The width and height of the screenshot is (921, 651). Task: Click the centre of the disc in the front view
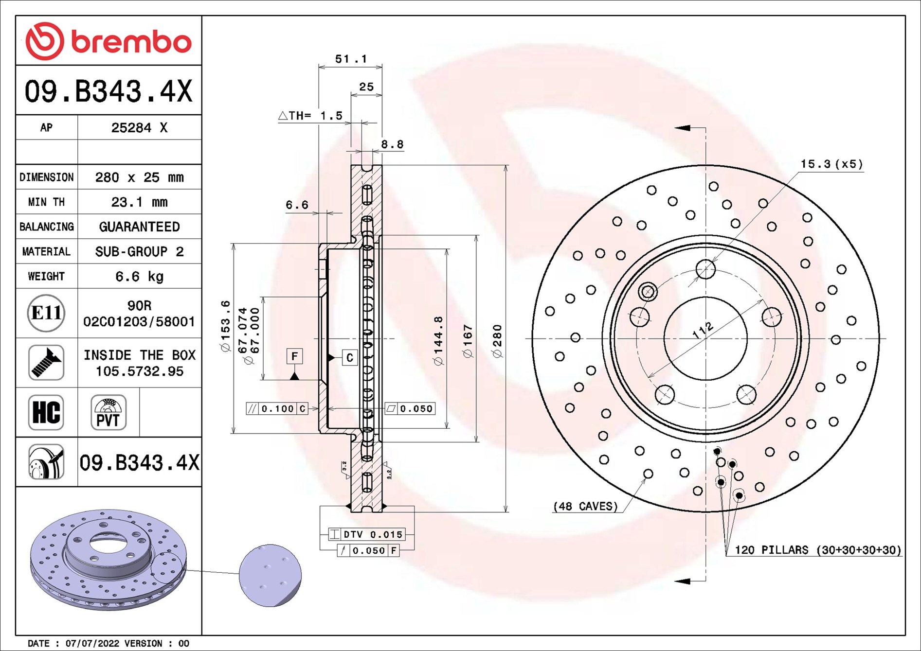705,338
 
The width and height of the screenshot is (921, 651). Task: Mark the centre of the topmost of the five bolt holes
705,269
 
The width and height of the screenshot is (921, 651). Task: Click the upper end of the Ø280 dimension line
506,166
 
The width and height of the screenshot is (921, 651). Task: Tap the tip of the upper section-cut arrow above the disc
674,128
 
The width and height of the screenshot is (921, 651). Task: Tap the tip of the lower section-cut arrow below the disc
674,581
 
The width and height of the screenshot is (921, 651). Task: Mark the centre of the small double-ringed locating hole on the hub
648,292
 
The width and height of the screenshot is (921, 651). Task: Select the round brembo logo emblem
45,41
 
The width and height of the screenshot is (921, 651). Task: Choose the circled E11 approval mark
46,313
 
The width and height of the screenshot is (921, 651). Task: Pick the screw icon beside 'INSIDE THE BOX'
46,363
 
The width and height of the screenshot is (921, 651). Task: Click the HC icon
46,412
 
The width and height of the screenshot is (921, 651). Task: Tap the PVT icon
108,412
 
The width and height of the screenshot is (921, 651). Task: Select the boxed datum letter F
294,356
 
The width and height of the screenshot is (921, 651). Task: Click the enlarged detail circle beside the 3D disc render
271,576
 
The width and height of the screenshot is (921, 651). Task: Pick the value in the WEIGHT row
140,277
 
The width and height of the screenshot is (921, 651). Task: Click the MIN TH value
140,202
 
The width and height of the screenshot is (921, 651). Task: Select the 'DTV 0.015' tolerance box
367,534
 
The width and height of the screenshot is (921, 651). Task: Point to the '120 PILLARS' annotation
818,550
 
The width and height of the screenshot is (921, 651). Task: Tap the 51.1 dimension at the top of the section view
351,59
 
